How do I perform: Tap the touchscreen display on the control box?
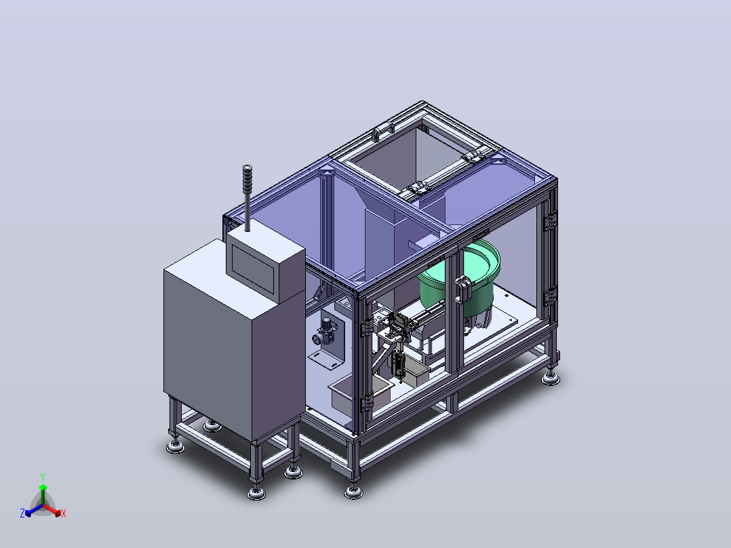[x=252, y=269]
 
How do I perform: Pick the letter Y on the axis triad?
[x=43, y=477]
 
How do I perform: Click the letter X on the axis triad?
[x=64, y=513]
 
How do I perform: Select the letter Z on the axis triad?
[x=22, y=513]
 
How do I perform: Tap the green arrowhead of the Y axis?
[x=43, y=488]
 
